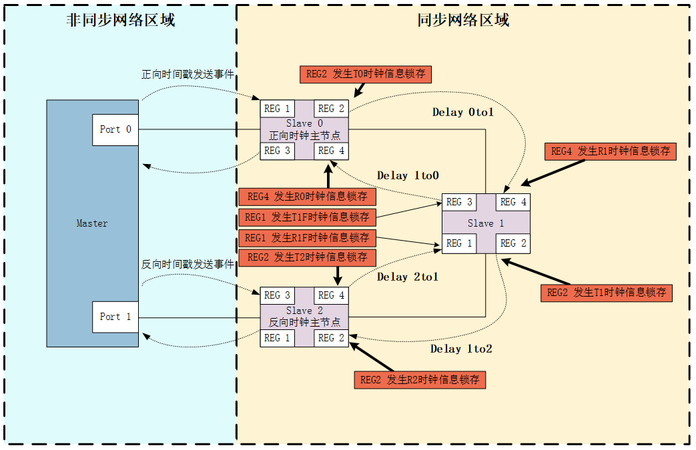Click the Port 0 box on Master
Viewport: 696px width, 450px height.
115,130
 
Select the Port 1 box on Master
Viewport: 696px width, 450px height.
115,317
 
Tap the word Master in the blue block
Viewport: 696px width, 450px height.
92,223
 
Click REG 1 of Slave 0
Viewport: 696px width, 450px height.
277,109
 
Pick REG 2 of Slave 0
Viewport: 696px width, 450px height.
331,109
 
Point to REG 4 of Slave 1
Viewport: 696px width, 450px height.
513,202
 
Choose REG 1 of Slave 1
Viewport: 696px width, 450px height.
459,243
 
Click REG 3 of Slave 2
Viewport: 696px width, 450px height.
277,295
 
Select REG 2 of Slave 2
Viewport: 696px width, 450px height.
331,338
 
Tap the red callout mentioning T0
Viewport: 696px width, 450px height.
366,74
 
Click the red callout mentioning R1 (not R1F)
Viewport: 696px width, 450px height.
611,151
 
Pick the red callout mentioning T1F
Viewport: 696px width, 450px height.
307,217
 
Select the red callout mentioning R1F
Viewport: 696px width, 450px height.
307,238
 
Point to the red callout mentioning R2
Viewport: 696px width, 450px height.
420,380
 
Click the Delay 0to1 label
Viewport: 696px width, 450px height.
463,113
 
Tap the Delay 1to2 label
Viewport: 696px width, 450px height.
461,349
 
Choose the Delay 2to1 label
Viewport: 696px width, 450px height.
408,277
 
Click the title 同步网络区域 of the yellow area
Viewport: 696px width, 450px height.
463,21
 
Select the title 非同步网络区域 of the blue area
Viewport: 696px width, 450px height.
121,21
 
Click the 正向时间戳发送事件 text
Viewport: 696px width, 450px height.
188,75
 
